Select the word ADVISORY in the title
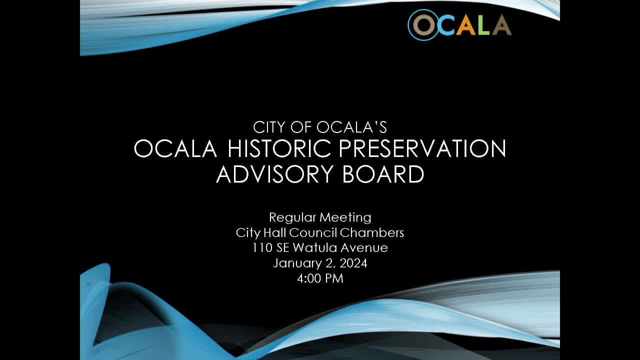tap(274, 174)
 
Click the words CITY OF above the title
tap(283, 127)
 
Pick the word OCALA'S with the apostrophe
tap(352, 127)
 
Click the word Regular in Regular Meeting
tap(292, 217)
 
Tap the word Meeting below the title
tap(345, 217)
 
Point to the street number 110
tap(262, 248)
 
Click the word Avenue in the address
tap(364, 248)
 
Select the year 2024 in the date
tap(353, 263)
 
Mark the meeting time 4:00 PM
tap(320, 278)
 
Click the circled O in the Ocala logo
tap(423, 25)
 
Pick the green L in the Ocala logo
tap(484, 25)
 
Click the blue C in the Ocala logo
tap(445, 25)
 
